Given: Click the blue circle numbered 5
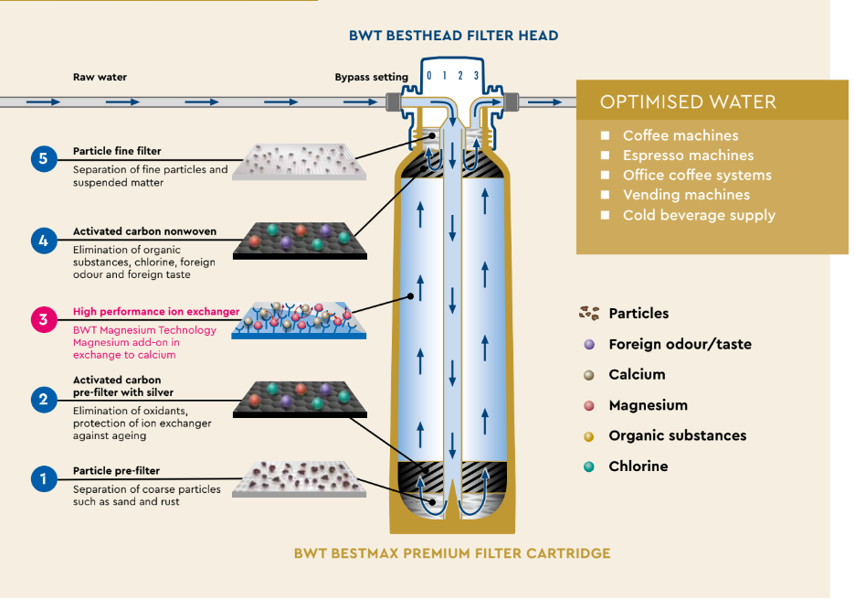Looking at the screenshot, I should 43,158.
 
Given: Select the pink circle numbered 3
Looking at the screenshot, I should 43,320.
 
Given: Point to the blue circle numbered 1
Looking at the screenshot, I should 43,478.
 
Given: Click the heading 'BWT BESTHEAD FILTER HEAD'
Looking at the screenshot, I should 453,36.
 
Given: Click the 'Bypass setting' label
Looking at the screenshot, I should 371,78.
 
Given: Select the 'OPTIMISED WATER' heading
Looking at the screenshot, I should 688,102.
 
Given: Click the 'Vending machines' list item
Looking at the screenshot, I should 686,195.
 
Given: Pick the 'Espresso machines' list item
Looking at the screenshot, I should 688,155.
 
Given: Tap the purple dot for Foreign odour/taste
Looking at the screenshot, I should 589,345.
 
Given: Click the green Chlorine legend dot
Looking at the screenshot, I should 589,466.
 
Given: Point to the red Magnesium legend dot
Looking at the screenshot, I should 589,405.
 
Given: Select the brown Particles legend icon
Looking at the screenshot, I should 589,314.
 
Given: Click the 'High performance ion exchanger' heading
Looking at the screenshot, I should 156,312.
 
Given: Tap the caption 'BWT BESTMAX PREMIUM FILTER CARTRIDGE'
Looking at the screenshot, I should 452,553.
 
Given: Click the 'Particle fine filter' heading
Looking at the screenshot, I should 117,151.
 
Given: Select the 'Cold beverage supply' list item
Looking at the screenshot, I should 699,215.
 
